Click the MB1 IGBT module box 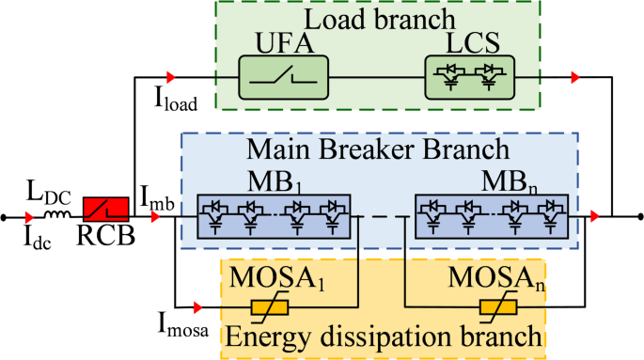click(x=273, y=215)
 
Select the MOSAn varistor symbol click(x=498, y=306)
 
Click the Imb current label click(x=156, y=196)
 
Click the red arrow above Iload click(x=171, y=76)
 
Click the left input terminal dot click(x=6, y=217)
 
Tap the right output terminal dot click(x=639, y=217)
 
